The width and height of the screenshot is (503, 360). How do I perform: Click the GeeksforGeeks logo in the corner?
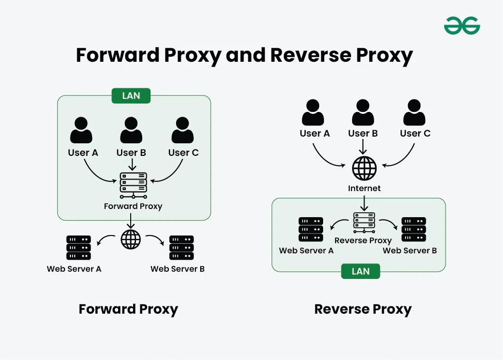462,25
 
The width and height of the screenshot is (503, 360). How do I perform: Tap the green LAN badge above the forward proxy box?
131,96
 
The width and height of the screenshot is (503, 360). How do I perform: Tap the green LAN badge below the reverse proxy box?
360,271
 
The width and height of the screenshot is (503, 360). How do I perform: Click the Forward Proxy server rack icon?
133,185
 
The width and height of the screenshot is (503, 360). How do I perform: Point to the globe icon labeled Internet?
364,168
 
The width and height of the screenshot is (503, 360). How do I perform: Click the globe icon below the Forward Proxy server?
131,239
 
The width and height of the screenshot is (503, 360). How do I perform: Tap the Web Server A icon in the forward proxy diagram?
78,248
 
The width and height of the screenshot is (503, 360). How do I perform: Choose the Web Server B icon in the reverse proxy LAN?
413,229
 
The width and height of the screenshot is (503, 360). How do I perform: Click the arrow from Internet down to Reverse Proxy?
364,203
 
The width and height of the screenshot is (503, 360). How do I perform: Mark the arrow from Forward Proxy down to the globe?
131,220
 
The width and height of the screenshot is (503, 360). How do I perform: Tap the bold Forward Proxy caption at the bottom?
128,309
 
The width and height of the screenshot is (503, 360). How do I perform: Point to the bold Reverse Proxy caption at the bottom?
363,309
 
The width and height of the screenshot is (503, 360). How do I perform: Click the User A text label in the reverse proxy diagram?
314,134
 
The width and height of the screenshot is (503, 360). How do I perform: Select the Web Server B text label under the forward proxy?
177,269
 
